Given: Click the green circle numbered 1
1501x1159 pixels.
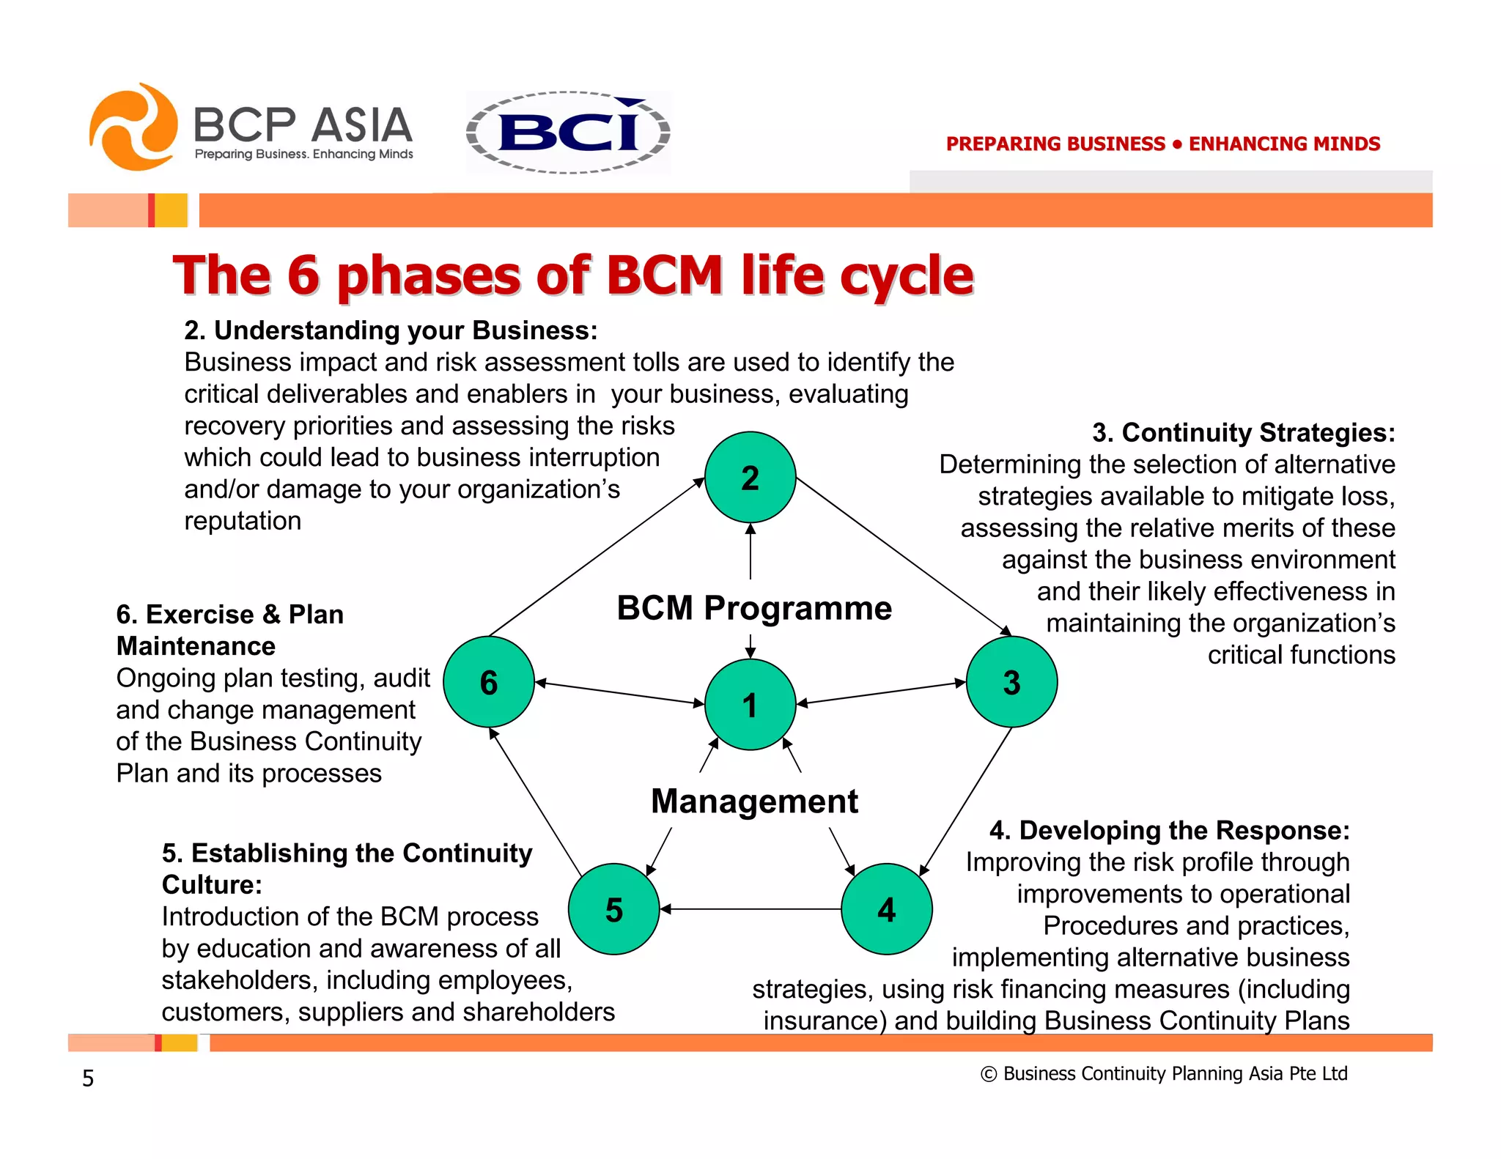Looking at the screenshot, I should tap(750, 704).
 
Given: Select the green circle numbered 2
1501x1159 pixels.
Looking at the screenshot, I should tap(750, 478).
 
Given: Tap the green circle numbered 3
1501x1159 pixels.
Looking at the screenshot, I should tap(1011, 682).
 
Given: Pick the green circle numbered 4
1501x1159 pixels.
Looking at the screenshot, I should tap(886, 909).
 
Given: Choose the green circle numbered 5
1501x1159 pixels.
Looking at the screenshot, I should tap(614, 909).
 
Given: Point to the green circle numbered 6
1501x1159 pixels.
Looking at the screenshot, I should tap(489, 682).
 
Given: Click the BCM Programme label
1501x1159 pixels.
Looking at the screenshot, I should tap(754, 608).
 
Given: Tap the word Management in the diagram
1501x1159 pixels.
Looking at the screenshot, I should tap(754, 801).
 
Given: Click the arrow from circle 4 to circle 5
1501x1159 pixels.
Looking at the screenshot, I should tap(750, 909).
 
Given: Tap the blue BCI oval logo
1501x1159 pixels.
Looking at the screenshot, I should tap(569, 133).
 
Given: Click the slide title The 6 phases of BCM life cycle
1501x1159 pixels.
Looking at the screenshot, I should tap(572, 275).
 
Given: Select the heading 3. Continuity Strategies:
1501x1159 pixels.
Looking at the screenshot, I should tap(1243, 432).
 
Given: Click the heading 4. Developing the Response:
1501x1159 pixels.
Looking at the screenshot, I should tap(1169, 830).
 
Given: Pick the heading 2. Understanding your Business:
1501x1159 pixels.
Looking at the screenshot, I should tap(391, 330).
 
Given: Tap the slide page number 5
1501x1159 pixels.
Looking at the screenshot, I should tap(88, 1078).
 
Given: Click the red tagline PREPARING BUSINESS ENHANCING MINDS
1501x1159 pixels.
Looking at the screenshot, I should tap(1162, 144).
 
